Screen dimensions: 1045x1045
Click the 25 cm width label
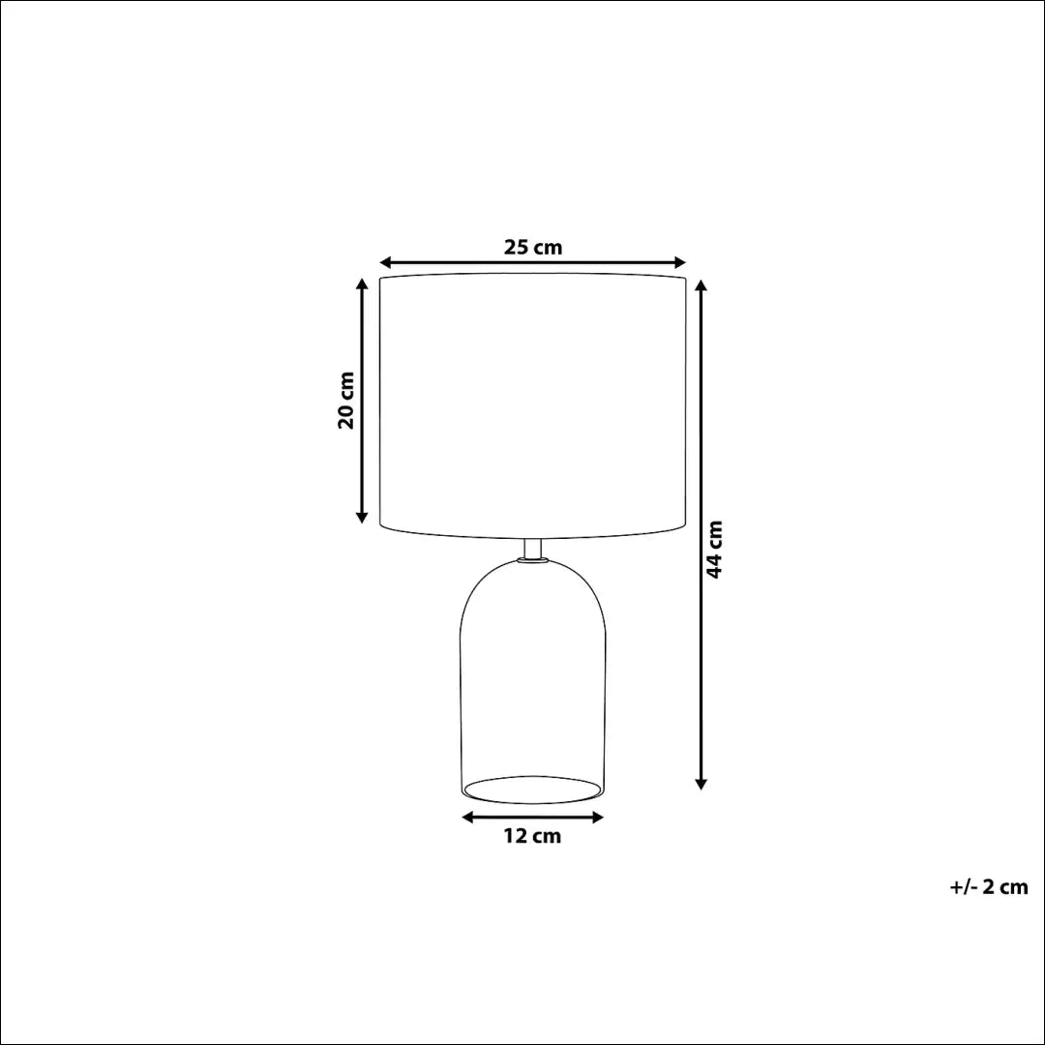tap(532, 247)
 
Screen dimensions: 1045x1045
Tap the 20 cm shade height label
tap(345, 400)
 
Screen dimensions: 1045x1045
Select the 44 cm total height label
tap(715, 550)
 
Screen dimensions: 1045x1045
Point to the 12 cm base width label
tap(532, 837)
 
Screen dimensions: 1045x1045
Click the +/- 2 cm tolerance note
tap(989, 887)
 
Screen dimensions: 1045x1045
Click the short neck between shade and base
tap(532, 549)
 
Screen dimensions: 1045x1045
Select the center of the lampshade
tap(532, 404)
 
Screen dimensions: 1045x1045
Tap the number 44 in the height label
tap(715, 566)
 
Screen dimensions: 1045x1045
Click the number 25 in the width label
tap(517, 247)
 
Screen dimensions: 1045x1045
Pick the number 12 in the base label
tap(516, 837)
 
